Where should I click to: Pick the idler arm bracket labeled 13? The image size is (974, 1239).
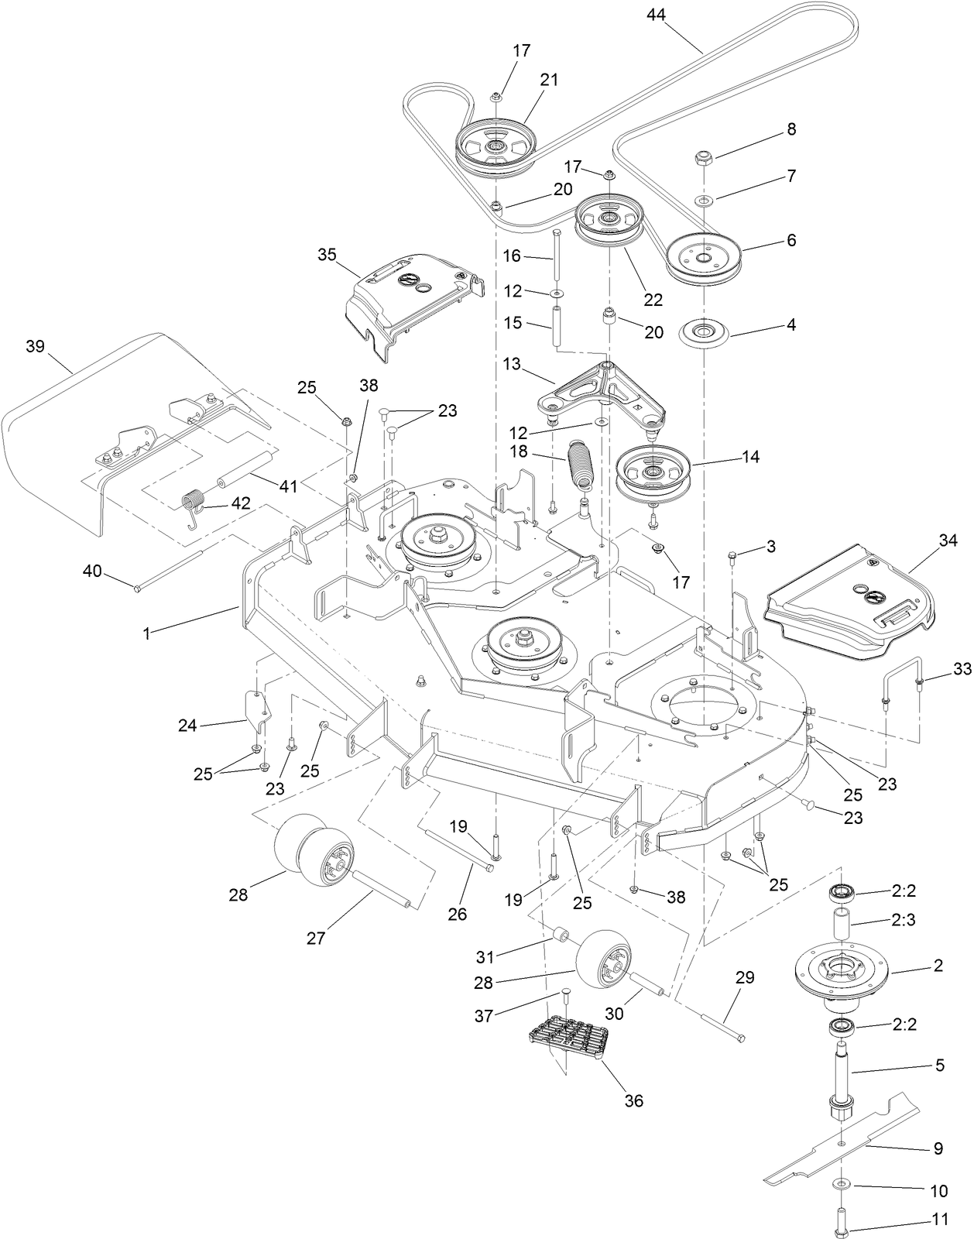(596, 391)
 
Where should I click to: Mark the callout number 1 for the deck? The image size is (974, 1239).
(146, 633)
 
